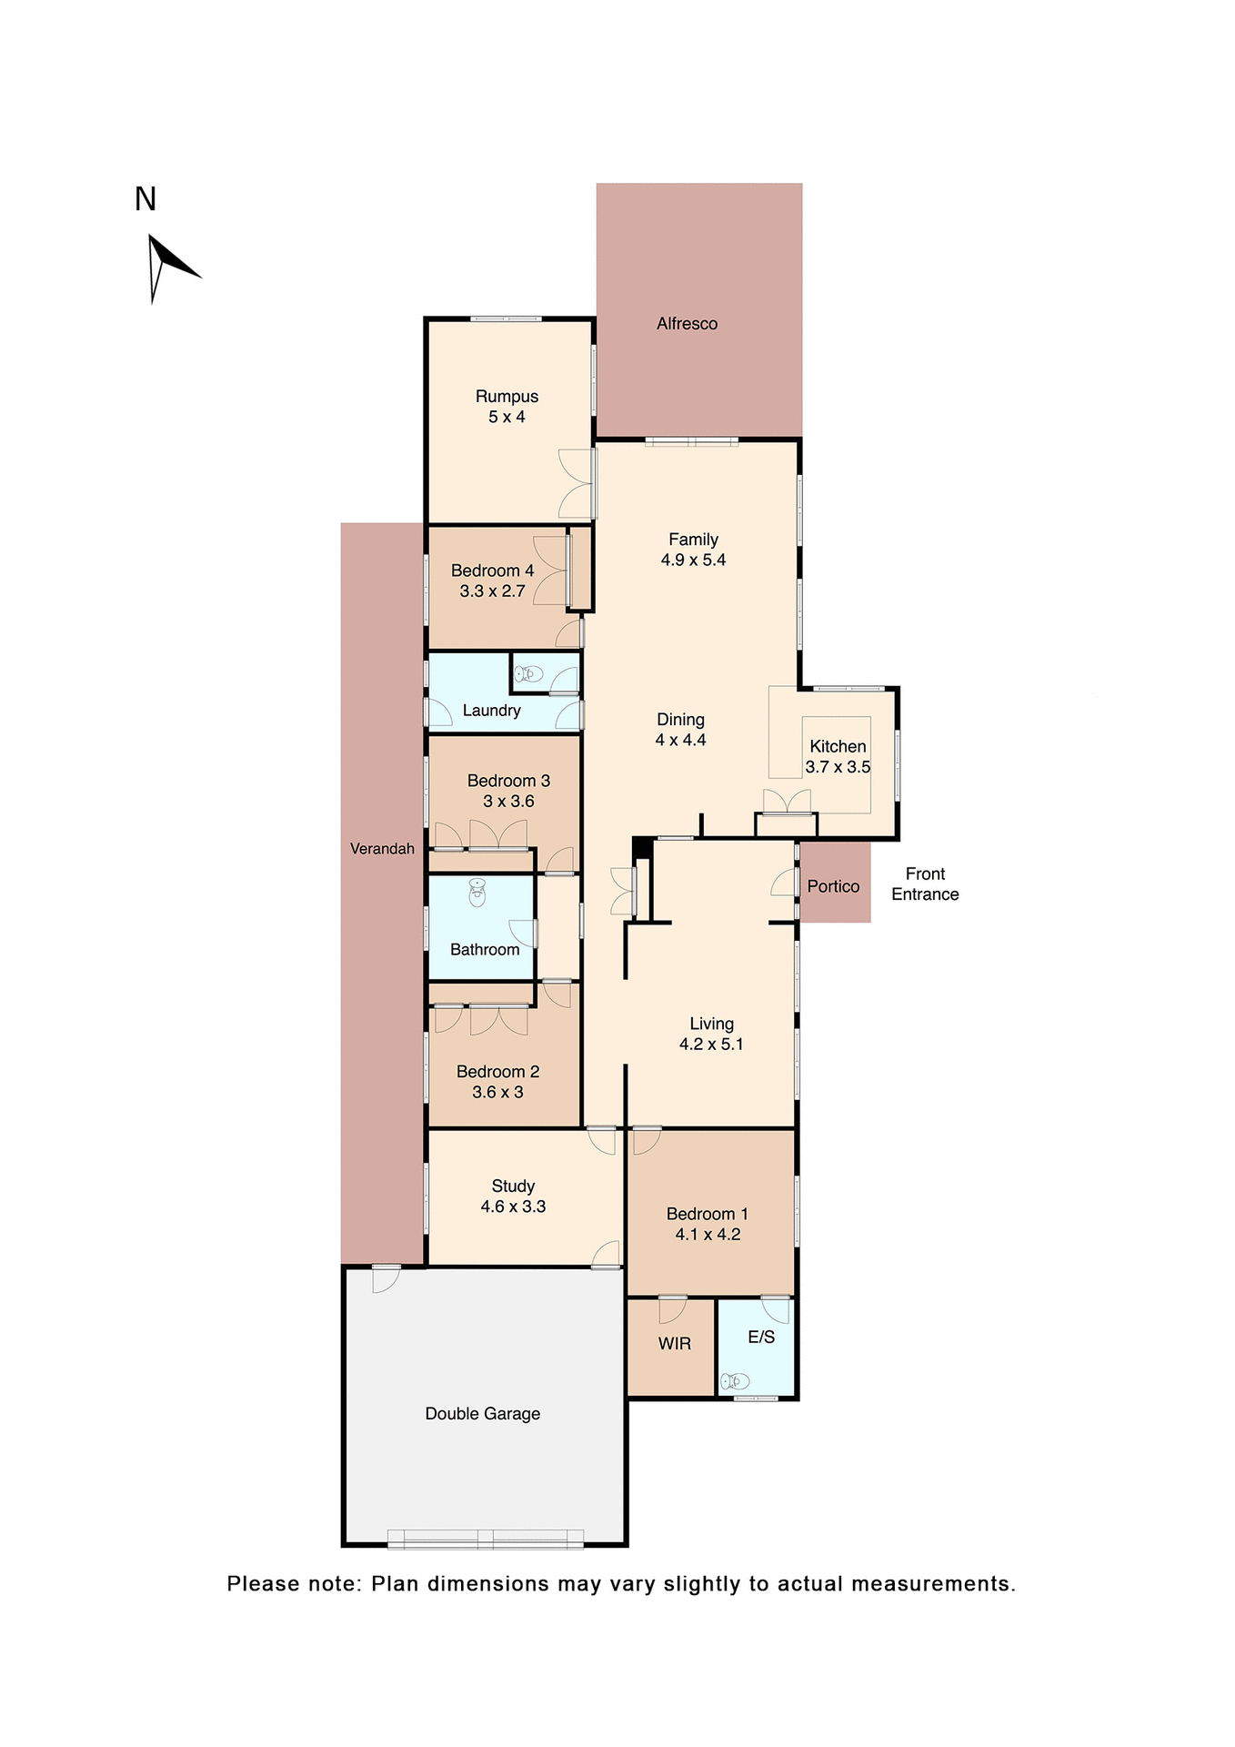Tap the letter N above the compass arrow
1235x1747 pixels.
146,199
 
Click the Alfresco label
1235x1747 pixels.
687,324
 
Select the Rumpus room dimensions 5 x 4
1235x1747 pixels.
507,418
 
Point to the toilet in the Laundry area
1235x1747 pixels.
529,674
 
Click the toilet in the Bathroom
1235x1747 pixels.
477,894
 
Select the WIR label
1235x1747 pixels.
674,1344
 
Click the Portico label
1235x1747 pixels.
833,886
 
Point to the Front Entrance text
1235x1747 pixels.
925,884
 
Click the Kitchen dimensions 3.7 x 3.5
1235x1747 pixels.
838,767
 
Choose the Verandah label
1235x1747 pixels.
382,849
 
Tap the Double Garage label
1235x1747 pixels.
482,1414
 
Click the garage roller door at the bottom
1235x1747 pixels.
485,1539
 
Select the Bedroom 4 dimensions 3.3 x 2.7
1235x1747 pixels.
492,591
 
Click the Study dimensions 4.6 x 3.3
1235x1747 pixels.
513,1207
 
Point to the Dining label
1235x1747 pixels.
680,720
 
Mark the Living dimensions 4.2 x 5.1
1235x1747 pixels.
711,1045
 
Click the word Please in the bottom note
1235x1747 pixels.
262,1584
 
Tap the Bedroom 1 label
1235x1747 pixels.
707,1214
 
